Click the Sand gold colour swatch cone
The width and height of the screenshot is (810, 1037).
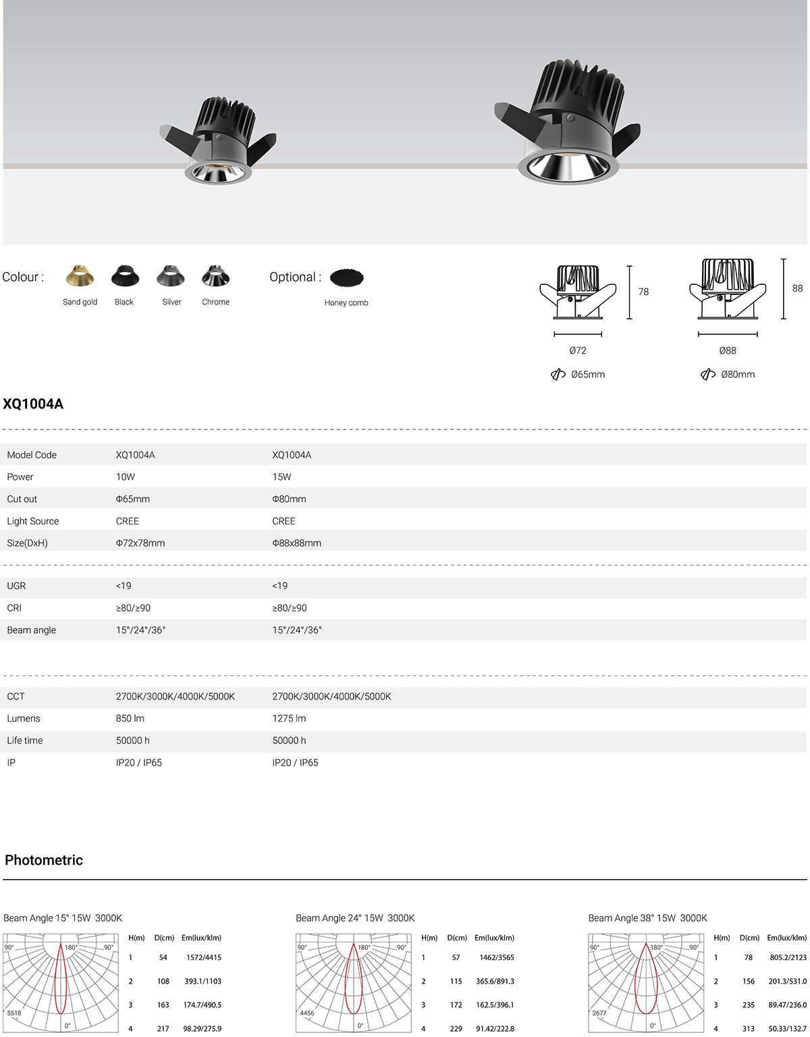[80, 276]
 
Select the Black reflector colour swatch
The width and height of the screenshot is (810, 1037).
[124, 276]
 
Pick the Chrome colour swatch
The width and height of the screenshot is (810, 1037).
[215, 276]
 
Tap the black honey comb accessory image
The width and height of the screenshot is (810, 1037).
[347, 277]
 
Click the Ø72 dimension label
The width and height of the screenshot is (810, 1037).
[578, 350]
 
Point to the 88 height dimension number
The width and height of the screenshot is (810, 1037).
[797, 288]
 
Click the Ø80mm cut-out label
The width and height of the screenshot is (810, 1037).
[737, 374]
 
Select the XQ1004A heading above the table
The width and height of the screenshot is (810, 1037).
[33, 404]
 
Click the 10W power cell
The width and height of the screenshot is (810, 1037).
[126, 477]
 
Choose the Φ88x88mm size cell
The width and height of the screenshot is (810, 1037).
[296, 543]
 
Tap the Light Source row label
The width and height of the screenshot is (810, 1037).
[32, 521]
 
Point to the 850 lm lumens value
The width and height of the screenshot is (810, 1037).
[130, 718]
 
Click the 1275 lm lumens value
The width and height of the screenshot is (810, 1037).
[289, 718]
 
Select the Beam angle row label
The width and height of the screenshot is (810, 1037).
[31, 630]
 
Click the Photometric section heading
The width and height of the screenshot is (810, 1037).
[44, 860]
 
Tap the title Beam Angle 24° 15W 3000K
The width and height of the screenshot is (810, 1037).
[355, 918]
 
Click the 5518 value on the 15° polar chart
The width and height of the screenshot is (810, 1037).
[14, 1013]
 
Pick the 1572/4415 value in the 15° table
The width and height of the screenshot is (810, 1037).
[204, 957]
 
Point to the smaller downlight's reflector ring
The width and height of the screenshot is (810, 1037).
[218, 172]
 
